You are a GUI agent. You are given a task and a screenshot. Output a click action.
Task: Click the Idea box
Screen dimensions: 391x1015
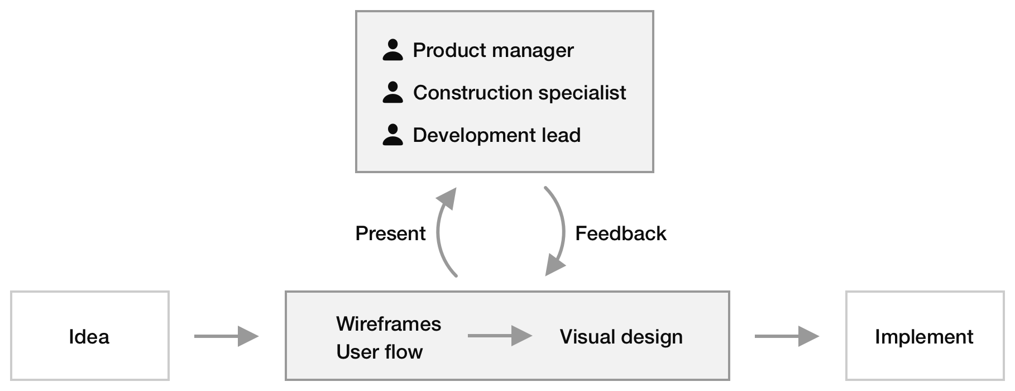(x=89, y=336)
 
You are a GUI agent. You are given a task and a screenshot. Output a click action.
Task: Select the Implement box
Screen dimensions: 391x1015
(x=924, y=336)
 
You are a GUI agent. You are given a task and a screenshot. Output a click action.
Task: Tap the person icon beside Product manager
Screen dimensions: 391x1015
(x=392, y=50)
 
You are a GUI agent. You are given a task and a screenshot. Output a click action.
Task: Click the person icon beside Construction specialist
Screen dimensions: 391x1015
(x=392, y=93)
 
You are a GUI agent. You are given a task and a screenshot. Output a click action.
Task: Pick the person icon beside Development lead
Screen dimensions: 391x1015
(x=392, y=135)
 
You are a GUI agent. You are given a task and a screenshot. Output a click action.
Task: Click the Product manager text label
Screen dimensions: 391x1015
(x=493, y=50)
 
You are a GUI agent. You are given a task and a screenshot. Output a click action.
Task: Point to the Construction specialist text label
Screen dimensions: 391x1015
(x=519, y=93)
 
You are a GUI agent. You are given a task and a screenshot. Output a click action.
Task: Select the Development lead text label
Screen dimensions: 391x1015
(x=496, y=135)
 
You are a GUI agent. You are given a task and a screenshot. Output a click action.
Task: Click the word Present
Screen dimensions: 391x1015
(x=390, y=233)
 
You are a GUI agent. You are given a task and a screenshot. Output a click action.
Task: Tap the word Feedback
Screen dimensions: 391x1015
(x=620, y=233)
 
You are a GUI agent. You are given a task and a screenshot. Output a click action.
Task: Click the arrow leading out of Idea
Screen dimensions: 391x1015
(x=226, y=336)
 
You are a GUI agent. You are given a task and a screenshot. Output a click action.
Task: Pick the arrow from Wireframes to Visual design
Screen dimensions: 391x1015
(x=500, y=336)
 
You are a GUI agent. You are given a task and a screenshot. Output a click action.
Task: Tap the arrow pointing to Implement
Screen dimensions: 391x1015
(x=787, y=336)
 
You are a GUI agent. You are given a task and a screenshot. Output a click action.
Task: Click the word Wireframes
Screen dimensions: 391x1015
(x=389, y=324)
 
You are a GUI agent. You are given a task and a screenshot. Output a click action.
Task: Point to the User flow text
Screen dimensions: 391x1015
(x=380, y=352)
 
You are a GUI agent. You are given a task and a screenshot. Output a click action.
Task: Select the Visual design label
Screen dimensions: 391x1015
(x=621, y=337)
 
